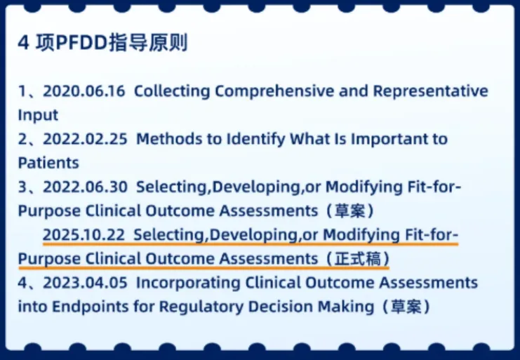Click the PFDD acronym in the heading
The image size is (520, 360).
click(x=82, y=43)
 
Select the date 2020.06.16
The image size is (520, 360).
click(x=84, y=91)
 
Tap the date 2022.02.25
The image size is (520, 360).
click(x=85, y=139)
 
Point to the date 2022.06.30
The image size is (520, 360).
click(x=85, y=187)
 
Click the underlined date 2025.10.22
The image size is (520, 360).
click(x=84, y=234)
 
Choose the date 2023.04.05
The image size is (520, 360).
click(x=85, y=283)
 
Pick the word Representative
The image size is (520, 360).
click(x=431, y=91)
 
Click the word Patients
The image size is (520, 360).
click(x=48, y=163)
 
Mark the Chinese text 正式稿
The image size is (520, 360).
click(x=358, y=259)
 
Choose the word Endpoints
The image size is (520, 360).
click(x=91, y=307)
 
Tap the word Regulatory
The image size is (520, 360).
click(x=201, y=307)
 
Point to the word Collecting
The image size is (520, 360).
click(x=172, y=91)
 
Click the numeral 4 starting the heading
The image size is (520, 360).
click(x=24, y=43)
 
